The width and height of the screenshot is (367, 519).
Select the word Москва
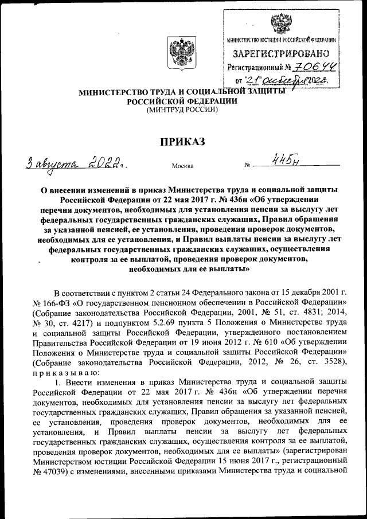[182, 166]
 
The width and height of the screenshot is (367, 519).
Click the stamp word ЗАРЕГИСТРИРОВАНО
[279, 54]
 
